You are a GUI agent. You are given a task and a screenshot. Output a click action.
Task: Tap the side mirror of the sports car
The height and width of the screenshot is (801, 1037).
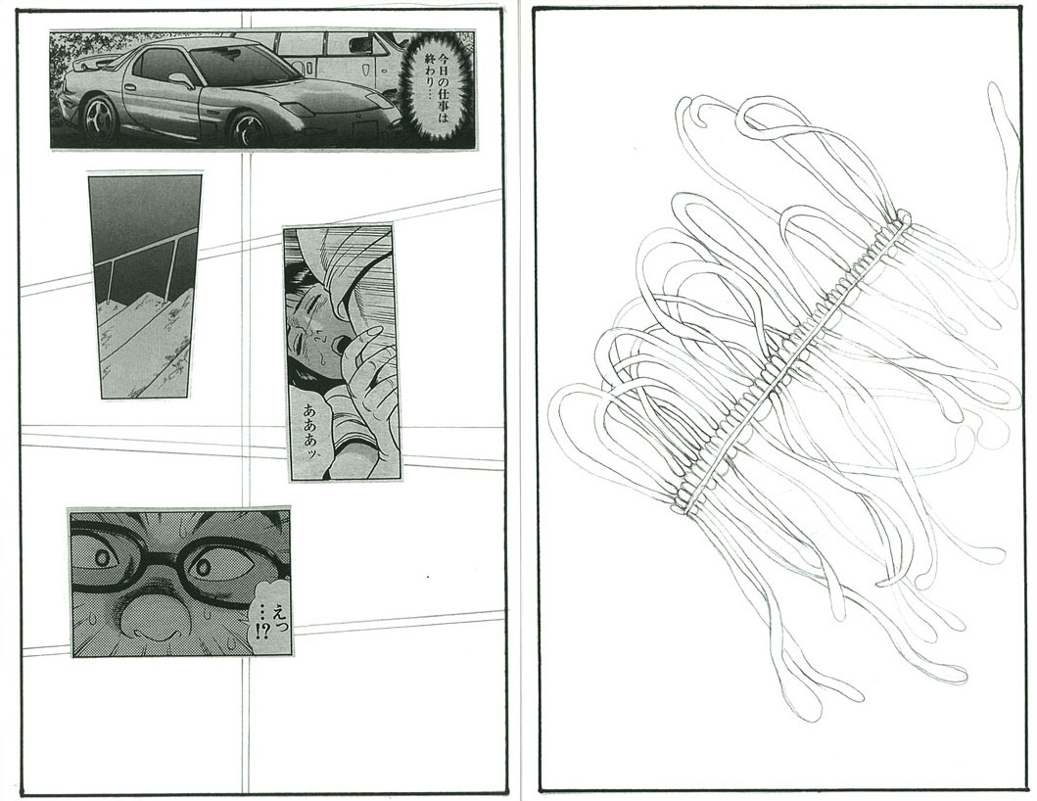pos(181,80)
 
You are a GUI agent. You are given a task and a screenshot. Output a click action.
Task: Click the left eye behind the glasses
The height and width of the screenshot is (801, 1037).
pos(103,557)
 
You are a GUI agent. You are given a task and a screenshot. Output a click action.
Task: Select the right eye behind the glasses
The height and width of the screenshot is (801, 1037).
pos(203,566)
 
